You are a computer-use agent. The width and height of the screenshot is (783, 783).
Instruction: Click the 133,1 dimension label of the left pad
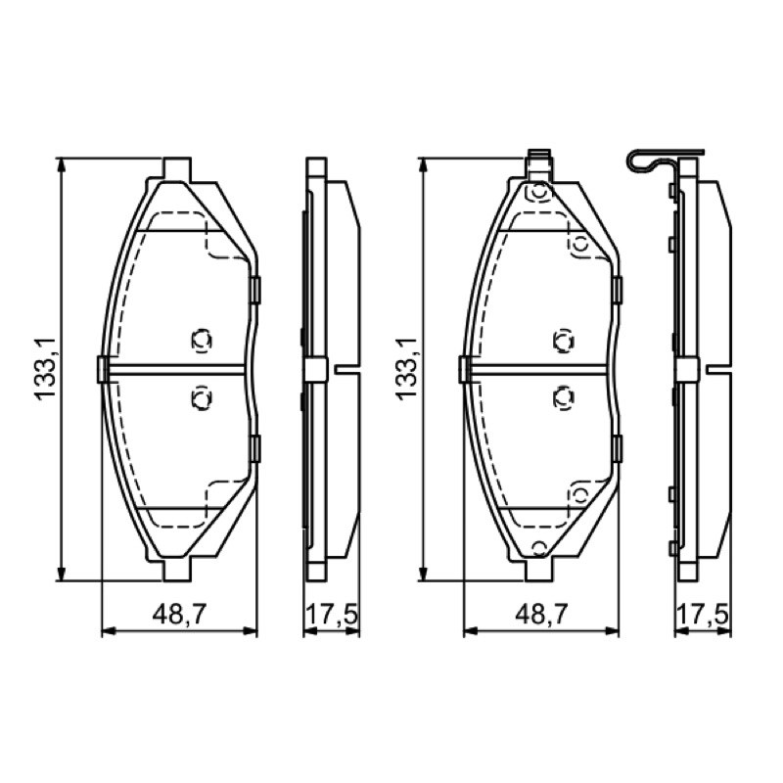45,369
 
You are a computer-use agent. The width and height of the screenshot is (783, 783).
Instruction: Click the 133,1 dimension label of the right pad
406,369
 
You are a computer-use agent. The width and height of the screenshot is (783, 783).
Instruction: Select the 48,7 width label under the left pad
179,615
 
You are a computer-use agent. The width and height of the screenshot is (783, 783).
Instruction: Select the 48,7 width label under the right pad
542,615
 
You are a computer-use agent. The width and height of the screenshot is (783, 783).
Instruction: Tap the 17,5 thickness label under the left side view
332,615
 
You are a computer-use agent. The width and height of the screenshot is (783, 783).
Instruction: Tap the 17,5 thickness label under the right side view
703,615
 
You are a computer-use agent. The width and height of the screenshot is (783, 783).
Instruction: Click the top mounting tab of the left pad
177,169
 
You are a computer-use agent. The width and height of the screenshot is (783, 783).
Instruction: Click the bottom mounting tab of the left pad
176,570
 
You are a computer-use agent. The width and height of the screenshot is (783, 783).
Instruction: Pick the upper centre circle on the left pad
202,340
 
